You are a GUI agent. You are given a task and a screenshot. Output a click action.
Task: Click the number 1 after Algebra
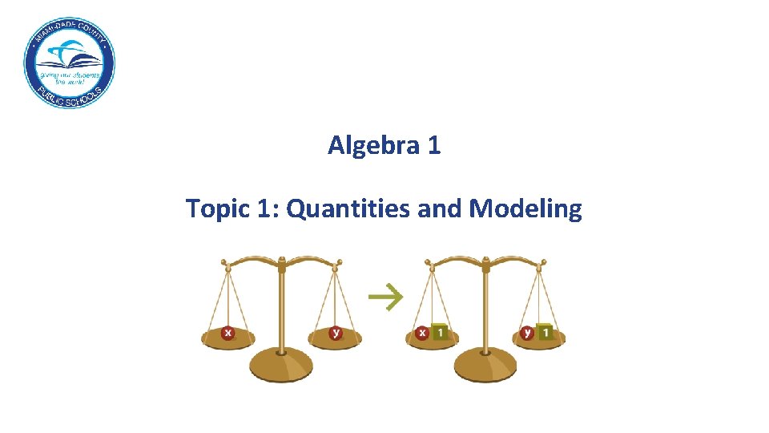click(x=433, y=146)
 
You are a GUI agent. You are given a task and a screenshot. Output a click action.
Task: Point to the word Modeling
click(x=525, y=209)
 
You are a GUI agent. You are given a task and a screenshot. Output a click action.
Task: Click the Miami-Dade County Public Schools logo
click(x=69, y=63)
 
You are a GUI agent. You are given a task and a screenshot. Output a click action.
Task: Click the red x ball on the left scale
click(x=227, y=333)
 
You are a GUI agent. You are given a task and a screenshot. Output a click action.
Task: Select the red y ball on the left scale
click(x=336, y=333)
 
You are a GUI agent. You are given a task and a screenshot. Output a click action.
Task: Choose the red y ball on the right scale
click(x=528, y=332)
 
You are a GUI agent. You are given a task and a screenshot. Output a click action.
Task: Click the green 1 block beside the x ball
click(x=440, y=331)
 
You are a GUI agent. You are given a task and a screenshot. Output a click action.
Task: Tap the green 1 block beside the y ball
click(x=546, y=331)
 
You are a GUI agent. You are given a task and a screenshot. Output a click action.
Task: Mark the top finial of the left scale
click(x=281, y=260)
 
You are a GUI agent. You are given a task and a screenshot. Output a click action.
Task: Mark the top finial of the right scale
click(x=485, y=260)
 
